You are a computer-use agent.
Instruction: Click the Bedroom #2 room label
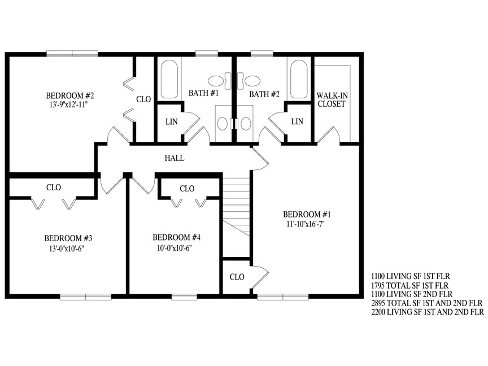(69, 95)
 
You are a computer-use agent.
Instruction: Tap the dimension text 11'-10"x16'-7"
(306, 224)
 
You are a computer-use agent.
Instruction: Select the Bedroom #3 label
(68, 238)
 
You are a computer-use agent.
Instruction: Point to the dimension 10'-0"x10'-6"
(174, 249)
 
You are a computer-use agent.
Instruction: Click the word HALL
(175, 158)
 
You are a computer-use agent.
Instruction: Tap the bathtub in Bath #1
(169, 80)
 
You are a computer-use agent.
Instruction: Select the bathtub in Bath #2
(299, 80)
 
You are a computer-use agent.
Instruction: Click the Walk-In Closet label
(332, 99)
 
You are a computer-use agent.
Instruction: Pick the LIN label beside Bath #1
(172, 121)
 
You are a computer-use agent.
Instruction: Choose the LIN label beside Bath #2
(297, 121)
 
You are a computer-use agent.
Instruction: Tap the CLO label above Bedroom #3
(54, 188)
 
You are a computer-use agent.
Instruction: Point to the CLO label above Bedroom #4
(187, 188)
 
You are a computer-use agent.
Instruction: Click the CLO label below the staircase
(237, 277)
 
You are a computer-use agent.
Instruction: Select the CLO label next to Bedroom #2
(143, 99)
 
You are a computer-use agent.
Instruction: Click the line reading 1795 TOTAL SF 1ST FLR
(410, 285)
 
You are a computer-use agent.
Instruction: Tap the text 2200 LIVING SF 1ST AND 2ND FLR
(428, 312)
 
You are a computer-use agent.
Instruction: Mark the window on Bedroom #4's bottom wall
(184, 297)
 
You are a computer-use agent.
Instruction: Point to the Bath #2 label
(264, 94)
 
